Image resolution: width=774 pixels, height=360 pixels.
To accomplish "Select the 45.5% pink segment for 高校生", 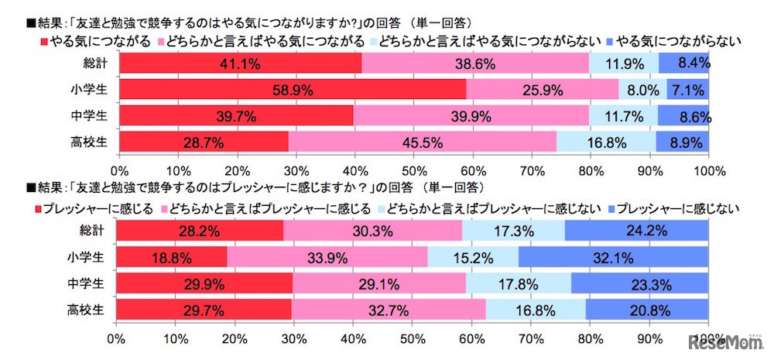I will (x=422, y=142).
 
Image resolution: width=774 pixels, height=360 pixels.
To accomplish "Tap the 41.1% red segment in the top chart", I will (x=241, y=63).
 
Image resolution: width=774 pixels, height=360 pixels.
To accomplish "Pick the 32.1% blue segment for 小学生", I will (x=613, y=258).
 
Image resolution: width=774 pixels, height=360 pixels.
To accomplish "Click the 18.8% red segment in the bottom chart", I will (x=172, y=258).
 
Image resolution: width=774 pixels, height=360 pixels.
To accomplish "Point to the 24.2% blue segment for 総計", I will (x=636, y=231).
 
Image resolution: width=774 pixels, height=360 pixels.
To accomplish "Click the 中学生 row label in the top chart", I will (x=98, y=116).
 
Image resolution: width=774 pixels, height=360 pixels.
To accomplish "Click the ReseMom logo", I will (x=728, y=342).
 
